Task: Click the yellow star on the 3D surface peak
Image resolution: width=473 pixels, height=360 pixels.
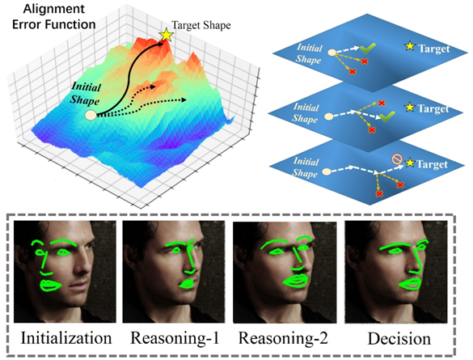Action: tap(167, 35)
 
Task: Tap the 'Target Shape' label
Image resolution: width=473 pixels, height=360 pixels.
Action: tap(201, 25)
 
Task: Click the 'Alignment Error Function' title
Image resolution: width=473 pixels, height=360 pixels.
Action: tap(54, 17)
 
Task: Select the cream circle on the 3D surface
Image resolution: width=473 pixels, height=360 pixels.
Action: tap(91, 115)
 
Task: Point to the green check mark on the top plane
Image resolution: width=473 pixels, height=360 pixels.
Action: tap(368, 48)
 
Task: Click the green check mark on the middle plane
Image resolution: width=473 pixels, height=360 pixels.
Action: tap(387, 116)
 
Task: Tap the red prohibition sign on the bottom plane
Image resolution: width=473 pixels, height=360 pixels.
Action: tap(397, 159)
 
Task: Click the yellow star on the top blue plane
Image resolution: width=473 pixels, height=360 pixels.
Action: tap(410, 46)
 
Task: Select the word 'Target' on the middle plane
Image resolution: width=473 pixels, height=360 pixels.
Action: tap(433, 108)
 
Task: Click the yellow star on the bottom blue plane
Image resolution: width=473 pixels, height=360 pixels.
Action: tap(409, 163)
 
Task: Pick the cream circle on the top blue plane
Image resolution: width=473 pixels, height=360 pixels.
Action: tap(332, 53)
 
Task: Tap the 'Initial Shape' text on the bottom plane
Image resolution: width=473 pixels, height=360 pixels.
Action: tap(306, 167)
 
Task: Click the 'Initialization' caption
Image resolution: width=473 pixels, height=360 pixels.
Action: tap(66, 337)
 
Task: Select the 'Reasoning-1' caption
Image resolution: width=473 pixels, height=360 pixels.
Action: tap(175, 337)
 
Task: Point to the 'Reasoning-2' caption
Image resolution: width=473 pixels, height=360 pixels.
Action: tap(283, 338)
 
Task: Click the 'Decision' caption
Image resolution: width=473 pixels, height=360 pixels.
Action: tap(399, 339)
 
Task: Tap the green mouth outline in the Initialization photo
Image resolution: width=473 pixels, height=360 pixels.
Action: tap(51, 286)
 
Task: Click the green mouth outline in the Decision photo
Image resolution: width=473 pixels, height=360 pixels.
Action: tap(410, 284)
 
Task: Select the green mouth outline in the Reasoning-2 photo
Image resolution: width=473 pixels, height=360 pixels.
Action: tap(296, 281)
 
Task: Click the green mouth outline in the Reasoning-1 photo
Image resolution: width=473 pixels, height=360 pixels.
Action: tap(187, 284)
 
